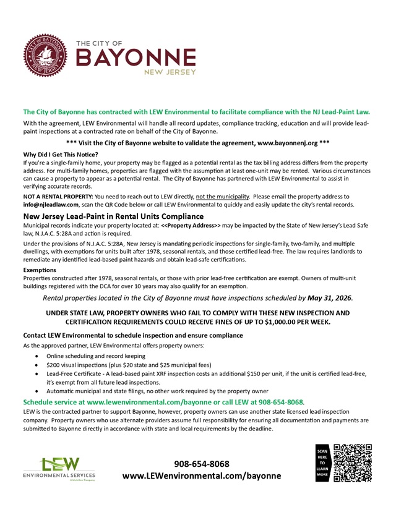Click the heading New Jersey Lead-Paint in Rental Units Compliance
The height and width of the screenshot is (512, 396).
pos(113,216)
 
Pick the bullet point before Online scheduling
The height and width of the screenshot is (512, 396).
pos(40,357)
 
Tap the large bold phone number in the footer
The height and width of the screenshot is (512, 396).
pos(202,464)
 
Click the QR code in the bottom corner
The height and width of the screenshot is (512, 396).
pos(352,463)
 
